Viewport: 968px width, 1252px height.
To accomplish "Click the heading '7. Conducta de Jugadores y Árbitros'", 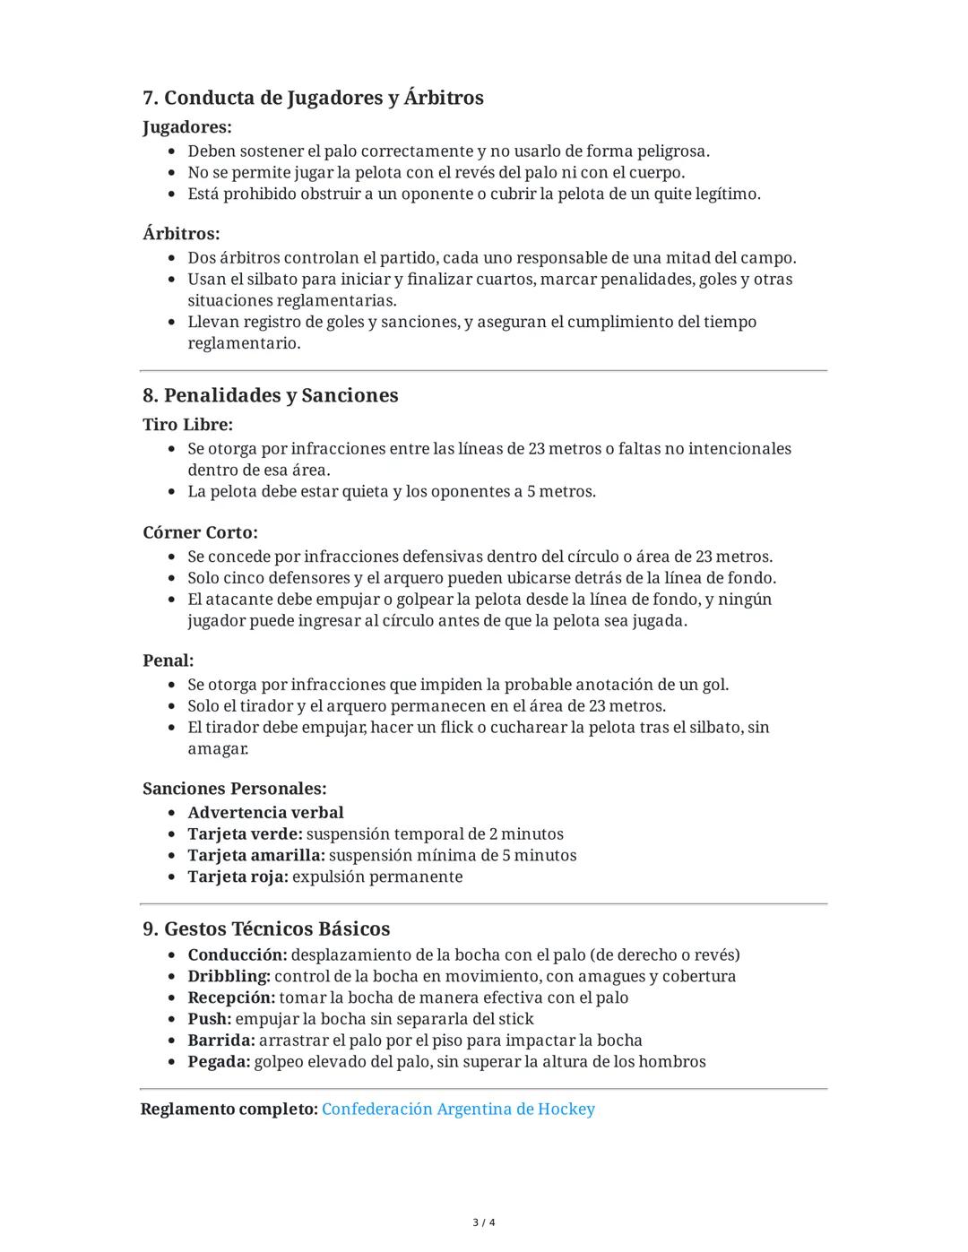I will click(313, 98).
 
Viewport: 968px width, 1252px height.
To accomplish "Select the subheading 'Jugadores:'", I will click(186, 127).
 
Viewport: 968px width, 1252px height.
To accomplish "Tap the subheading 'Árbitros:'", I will click(181, 234).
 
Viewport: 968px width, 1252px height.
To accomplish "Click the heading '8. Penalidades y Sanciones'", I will click(270, 395).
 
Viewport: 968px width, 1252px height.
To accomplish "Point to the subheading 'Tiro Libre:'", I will click(187, 425).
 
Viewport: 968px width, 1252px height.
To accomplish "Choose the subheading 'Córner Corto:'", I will click(200, 532).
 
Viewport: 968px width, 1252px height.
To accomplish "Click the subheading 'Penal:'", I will click(168, 661).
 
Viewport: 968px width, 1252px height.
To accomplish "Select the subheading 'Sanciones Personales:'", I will click(234, 789).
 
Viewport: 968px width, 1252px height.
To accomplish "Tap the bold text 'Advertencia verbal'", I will click(265, 813).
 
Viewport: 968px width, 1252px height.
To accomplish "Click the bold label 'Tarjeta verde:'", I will click(245, 834).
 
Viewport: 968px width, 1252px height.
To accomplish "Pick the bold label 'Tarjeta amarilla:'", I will click(255, 856).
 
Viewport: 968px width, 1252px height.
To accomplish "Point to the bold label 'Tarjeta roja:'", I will click(238, 877).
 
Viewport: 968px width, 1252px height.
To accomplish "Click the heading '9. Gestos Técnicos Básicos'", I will click(266, 928).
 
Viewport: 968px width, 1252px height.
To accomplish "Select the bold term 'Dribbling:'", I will click(229, 976).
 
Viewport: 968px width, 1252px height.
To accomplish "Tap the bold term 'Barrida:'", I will click(221, 1040).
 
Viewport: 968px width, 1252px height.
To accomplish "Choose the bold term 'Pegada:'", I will click(219, 1062).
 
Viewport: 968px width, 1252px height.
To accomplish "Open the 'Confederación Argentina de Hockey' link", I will click(458, 1110).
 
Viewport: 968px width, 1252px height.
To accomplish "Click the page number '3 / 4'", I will click(484, 1222).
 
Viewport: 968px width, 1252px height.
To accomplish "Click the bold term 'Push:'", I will click(209, 1019).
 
